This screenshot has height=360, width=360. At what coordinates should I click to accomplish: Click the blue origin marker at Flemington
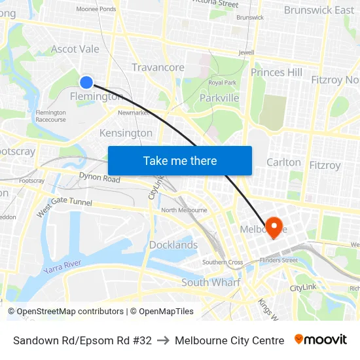click(86, 82)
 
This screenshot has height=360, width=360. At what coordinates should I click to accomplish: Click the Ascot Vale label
click(75, 49)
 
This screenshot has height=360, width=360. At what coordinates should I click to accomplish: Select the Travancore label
click(158, 67)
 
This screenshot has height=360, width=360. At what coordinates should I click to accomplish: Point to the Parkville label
click(219, 98)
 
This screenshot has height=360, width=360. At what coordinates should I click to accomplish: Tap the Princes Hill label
click(276, 72)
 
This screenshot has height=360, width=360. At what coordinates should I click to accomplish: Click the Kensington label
click(126, 133)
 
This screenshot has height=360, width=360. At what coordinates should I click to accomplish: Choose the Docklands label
click(173, 245)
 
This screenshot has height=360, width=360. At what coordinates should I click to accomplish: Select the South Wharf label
click(211, 282)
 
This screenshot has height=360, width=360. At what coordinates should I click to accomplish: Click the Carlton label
click(283, 162)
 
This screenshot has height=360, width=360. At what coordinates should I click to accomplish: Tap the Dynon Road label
click(99, 177)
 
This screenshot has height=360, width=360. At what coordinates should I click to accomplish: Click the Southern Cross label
click(223, 262)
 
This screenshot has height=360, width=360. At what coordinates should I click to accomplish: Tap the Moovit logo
click(321, 340)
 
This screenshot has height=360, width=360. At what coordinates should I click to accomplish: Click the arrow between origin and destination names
click(163, 340)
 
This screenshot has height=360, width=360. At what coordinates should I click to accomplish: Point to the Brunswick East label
click(319, 10)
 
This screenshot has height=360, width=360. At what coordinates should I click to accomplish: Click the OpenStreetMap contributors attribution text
click(70, 312)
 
